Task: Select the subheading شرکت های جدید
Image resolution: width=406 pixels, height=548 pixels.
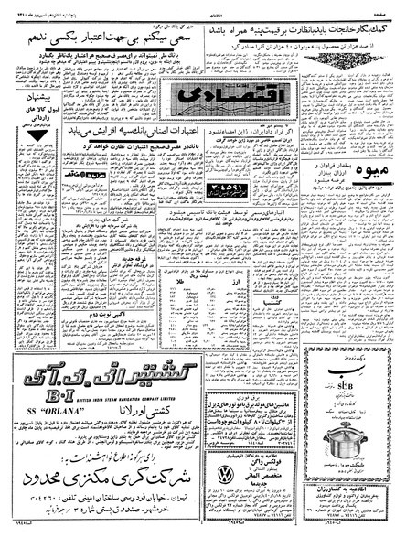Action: (x=69, y=220)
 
